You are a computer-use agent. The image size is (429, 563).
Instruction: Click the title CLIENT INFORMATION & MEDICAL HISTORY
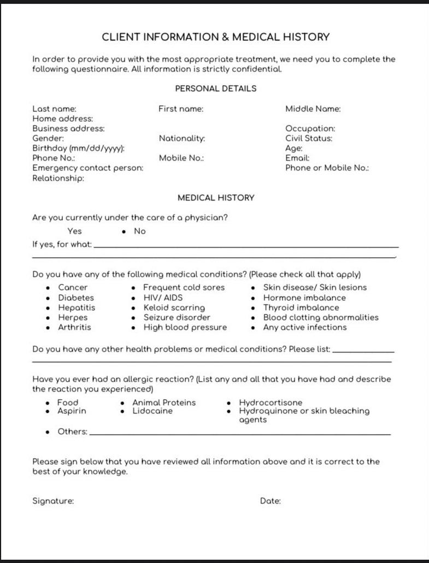pos(216,37)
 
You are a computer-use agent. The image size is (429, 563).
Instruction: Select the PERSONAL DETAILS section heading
pos(215,88)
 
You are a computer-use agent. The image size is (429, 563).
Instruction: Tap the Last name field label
pos(54,109)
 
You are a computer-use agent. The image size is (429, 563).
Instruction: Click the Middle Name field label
pos(313,109)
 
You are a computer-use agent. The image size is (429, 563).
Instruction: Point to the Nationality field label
pos(182,138)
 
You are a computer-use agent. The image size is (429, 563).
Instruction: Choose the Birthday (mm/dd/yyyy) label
pos(79,148)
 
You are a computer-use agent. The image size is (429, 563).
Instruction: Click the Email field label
pos(297,158)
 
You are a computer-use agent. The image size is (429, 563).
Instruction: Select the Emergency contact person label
pos(87,168)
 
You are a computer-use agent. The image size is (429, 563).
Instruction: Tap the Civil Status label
pos(308,138)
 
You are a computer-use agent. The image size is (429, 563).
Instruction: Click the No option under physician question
pos(140,231)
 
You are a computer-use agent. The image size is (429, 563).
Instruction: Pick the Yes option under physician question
pos(74,231)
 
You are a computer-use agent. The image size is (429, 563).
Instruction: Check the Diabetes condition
pos(76,298)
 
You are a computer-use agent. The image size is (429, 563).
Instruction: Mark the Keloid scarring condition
pos(174,307)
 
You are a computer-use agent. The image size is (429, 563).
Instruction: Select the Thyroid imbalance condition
pos(301,307)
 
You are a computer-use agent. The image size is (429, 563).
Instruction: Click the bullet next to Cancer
pos(48,288)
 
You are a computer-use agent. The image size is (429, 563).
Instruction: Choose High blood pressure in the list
pos(185,327)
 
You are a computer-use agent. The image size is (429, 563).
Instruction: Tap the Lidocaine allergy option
pos(152,411)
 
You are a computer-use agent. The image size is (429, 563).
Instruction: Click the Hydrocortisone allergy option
pos(270,402)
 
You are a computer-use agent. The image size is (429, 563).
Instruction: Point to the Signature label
pos(53,501)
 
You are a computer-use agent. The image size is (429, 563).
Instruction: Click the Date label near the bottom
pos(270,501)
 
